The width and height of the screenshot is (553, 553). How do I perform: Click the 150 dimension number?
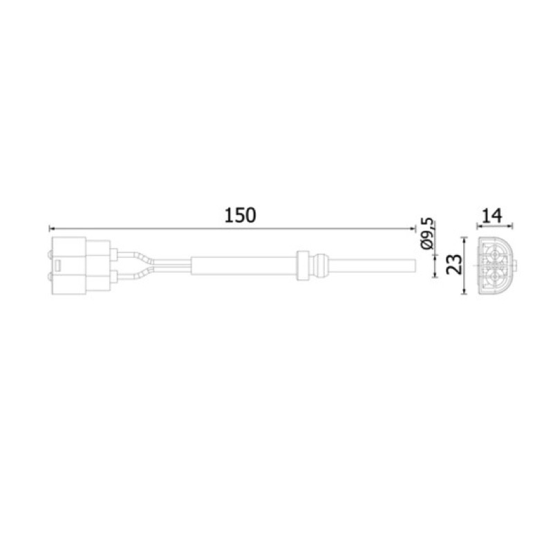(x=240, y=215)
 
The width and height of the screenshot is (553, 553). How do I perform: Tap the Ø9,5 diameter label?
(x=427, y=234)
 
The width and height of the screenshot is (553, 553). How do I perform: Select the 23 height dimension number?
(x=454, y=265)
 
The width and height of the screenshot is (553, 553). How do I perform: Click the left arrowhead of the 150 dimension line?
(x=51, y=229)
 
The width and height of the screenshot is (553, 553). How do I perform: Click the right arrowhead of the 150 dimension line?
(x=413, y=229)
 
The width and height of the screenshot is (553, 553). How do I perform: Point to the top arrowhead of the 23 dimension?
(x=465, y=239)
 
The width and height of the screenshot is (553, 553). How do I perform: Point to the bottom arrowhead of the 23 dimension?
(x=465, y=291)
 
